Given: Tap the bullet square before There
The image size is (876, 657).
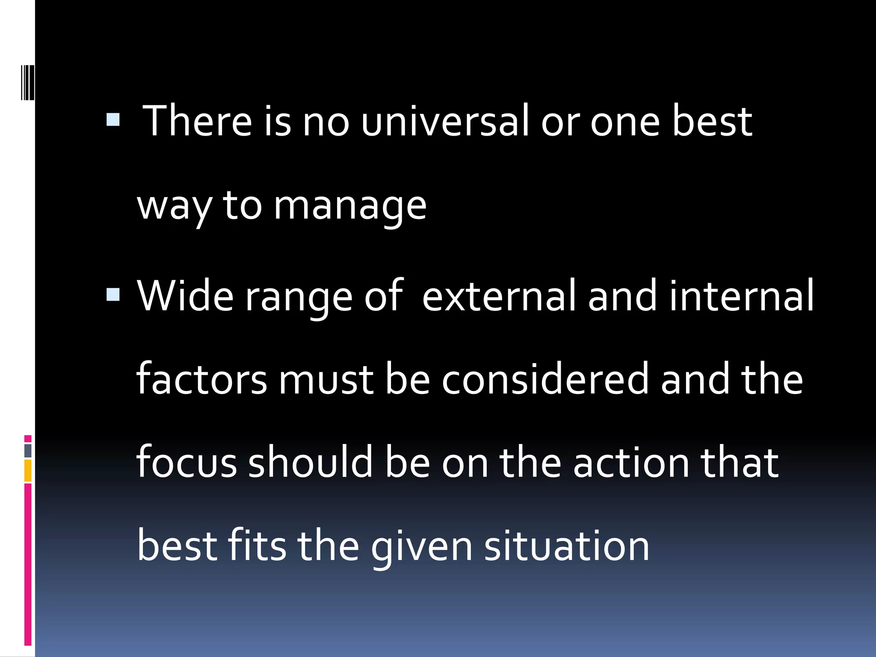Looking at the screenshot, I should pyautogui.click(x=113, y=119).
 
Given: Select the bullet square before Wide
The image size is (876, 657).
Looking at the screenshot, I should pyautogui.click(x=113, y=294).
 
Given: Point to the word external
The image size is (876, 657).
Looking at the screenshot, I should pyautogui.click(x=499, y=296).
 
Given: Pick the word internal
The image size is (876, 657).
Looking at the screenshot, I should pyautogui.click(x=741, y=296).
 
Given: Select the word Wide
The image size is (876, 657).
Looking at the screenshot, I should pyautogui.click(x=185, y=296).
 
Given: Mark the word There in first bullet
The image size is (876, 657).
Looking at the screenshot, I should pyautogui.click(x=197, y=121).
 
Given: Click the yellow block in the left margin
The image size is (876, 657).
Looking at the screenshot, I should pyautogui.click(x=28, y=471).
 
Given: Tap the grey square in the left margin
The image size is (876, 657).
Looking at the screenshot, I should pyautogui.click(x=28, y=450).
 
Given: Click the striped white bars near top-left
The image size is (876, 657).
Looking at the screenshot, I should pyautogui.click(x=28, y=82).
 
